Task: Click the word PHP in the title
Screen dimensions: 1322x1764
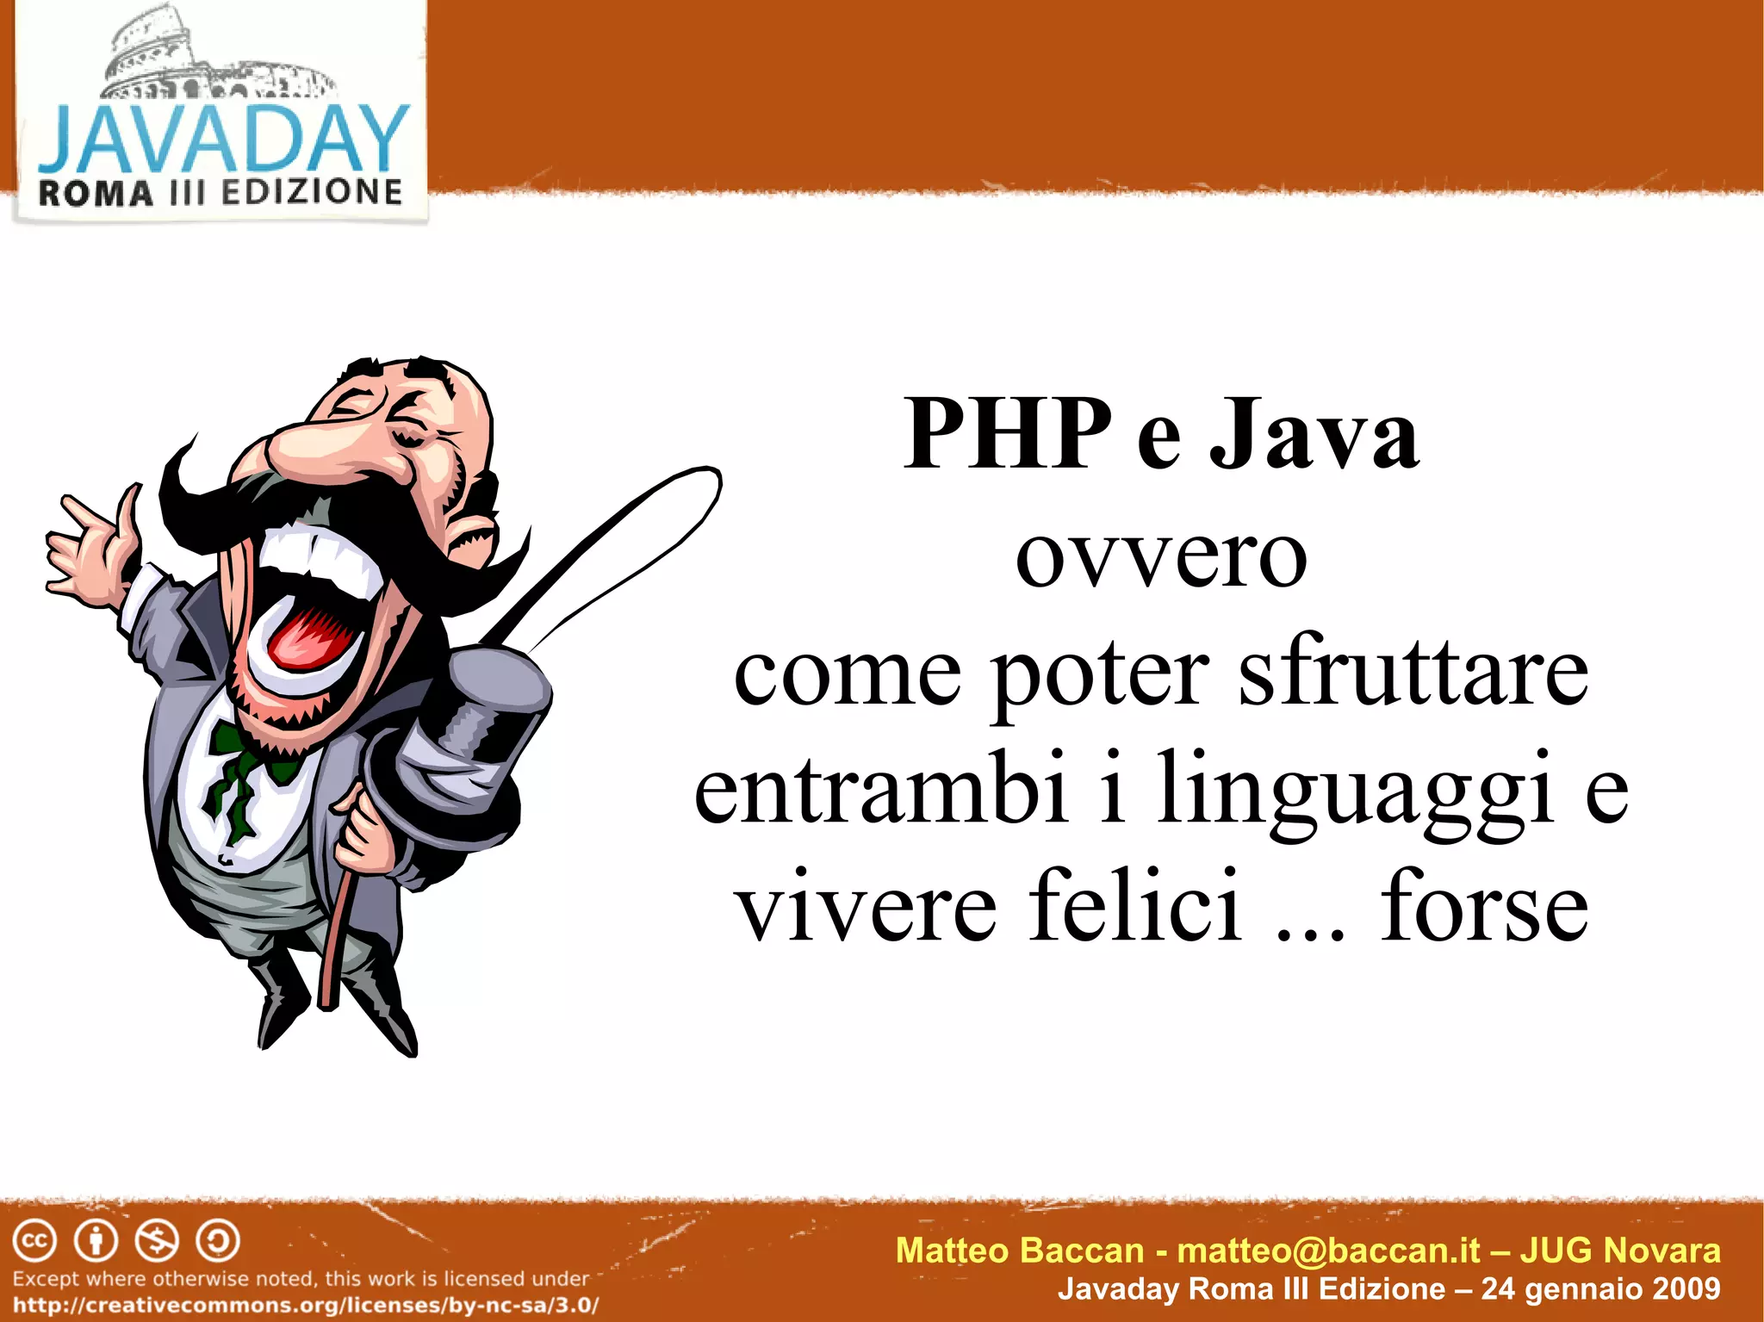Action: coord(1008,434)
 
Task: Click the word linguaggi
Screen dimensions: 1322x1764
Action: coord(1354,789)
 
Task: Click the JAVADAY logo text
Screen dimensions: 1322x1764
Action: coord(222,140)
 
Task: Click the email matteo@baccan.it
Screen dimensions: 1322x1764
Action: coord(1328,1251)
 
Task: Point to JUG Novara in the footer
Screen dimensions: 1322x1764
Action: coord(1619,1251)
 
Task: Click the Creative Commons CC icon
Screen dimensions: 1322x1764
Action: coord(34,1241)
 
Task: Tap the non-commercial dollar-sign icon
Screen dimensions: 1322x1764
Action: coord(157,1241)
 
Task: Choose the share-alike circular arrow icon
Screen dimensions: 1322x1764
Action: coord(218,1241)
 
